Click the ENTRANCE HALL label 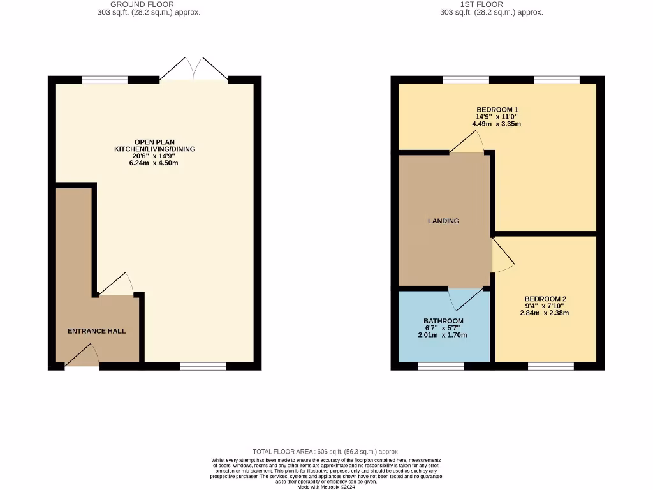click(97, 331)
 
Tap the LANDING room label click(443, 221)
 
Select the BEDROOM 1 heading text click(496, 109)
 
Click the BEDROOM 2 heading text click(545, 299)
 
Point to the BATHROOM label click(443, 321)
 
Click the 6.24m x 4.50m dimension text click(154, 163)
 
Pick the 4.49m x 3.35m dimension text click(496, 124)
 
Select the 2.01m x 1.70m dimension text click(443, 335)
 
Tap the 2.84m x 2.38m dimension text click(545, 313)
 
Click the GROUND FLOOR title click(142, 4)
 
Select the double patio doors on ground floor click(193, 69)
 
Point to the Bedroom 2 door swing click(503, 256)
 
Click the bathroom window click(441, 366)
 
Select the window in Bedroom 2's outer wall click(550, 366)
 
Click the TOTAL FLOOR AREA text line click(326, 452)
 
